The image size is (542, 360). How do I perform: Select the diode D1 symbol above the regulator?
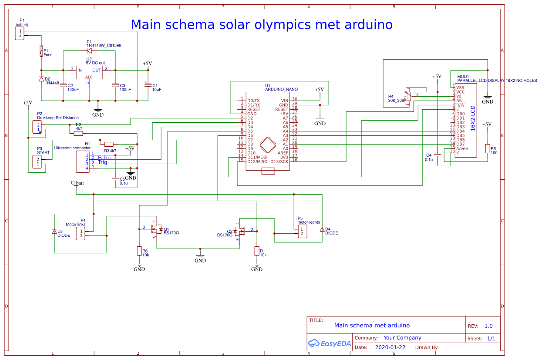click(89, 50)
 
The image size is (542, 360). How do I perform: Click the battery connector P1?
click(20, 34)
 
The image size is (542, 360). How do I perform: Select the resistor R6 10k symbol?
click(139, 251)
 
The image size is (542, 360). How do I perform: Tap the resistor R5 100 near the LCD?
click(488, 149)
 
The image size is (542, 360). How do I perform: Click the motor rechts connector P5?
click(302, 232)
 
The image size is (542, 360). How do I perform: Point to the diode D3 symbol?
click(54, 232)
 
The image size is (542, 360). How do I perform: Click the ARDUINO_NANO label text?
click(281, 89)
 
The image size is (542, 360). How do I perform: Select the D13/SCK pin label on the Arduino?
click(279, 161)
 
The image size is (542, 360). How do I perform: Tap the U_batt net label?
click(77, 183)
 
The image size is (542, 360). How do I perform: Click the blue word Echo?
click(104, 158)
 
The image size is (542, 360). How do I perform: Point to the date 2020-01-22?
click(390, 347)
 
